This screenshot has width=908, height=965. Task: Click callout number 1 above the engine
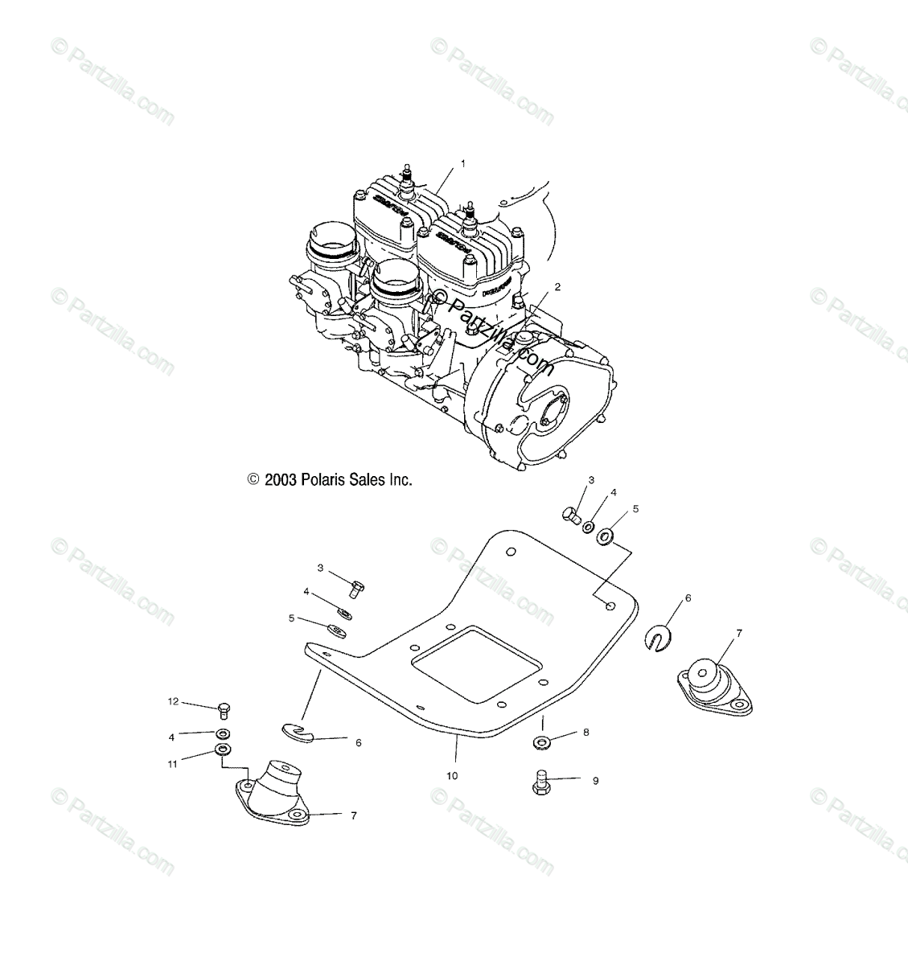(x=462, y=163)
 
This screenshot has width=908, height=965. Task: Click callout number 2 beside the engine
(x=557, y=287)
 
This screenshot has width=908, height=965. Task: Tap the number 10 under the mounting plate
(x=452, y=776)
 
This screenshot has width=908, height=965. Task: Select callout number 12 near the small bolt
(x=172, y=702)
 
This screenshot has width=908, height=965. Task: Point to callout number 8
(x=586, y=733)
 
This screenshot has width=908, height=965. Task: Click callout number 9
(x=595, y=780)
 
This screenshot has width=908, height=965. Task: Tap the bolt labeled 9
(x=540, y=783)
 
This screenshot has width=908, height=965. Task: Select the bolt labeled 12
(x=224, y=709)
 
